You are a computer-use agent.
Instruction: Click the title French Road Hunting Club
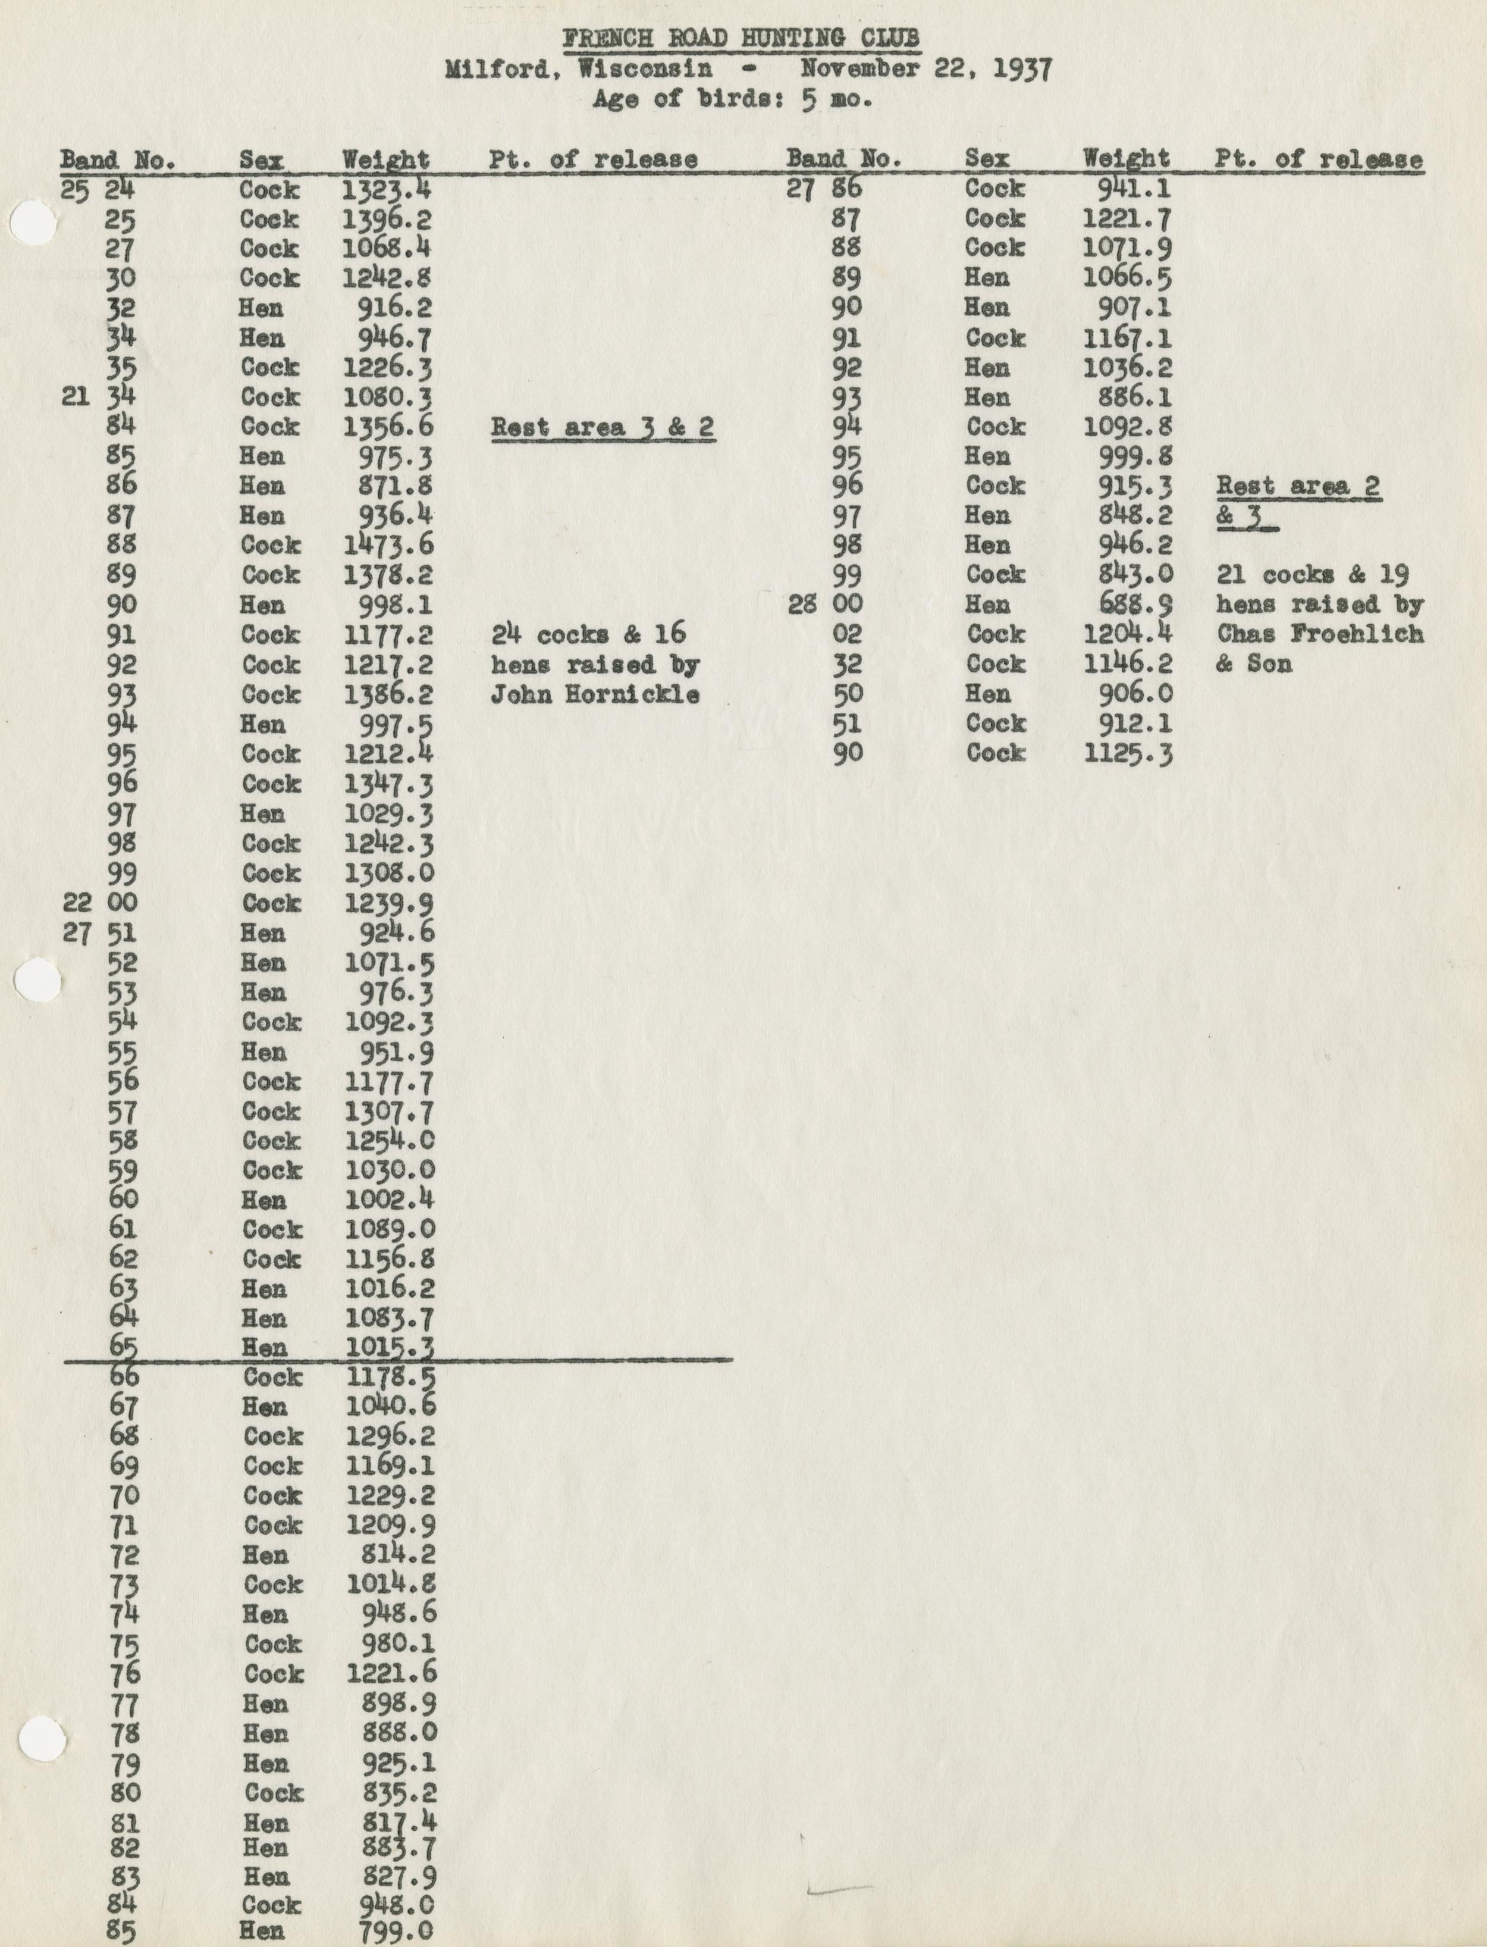[741, 39]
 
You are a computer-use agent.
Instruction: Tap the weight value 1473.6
[388, 546]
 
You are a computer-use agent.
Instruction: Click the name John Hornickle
[595, 694]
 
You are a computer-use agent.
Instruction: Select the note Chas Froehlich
[1320, 635]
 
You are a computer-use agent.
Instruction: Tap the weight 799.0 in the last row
[396, 1930]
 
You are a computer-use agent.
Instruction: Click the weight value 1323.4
[387, 189]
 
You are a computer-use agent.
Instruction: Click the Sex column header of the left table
[261, 160]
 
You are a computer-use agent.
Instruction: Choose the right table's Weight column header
[1126, 159]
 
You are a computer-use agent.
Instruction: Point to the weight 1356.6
[388, 427]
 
